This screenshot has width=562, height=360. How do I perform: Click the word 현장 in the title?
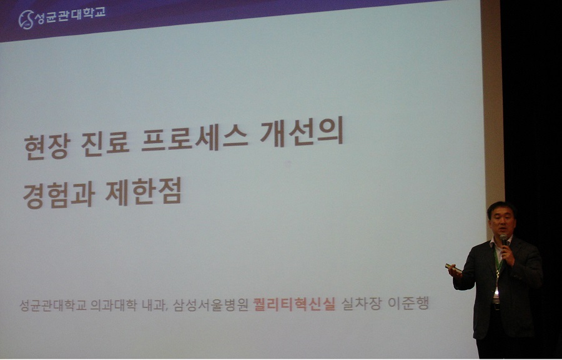tap(46, 146)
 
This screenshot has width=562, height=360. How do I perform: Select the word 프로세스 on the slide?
tap(195, 138)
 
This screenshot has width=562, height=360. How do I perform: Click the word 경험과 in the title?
tap(59, 196)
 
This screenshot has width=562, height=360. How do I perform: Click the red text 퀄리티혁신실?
tap(294, 304)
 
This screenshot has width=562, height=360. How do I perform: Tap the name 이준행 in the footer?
tap(408, 304)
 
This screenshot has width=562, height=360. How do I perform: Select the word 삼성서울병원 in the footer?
tap(210, 305)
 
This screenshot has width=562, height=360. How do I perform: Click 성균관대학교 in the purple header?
tap(71, 16)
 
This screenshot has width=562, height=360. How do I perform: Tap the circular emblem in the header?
tap(26, 19)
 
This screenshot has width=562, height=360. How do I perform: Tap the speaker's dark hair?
tap(500, 208)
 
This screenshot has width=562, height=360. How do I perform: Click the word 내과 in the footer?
tap(155, 306)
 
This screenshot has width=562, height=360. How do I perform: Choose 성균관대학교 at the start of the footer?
tap(53, 306)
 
